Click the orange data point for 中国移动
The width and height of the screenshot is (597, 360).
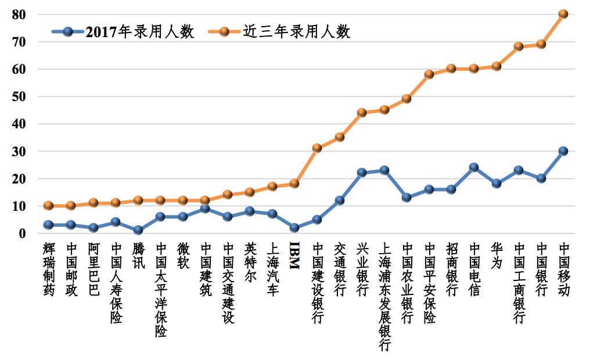coord(563,14)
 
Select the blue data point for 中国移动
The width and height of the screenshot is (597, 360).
coord(563,151)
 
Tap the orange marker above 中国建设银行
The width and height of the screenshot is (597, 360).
coord(317,148)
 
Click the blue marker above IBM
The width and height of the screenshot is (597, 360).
coord(294,228)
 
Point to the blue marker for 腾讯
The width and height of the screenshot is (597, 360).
coord(138,231)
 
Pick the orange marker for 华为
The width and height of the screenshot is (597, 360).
coord(496,66)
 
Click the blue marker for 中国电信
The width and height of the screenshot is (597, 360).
coord(473,167)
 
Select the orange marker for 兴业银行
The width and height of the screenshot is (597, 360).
coord(361,113)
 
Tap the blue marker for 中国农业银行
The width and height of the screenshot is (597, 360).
coord(407,197)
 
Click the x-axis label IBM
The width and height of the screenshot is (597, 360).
coord(294,255)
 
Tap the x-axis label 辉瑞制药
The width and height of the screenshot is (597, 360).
coord(49,269)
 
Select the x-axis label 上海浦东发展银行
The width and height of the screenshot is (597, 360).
coord(384,296)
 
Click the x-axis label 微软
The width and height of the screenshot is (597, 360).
coord(182,255)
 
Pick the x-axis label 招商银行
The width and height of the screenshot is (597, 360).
coord(451,269)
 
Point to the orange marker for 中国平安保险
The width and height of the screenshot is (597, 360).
coord(429,74)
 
